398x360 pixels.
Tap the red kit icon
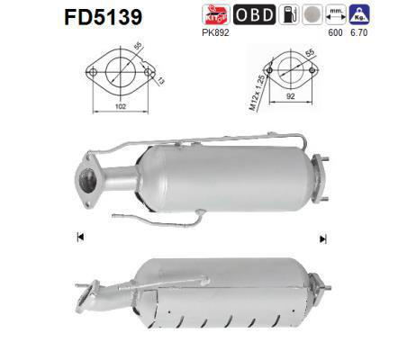click(x=216, y=15)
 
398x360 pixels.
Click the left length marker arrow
click(x=81, y=238)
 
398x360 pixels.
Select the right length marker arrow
click(x=321, y=238)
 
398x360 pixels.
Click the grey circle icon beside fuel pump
click(x=312, y=15)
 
